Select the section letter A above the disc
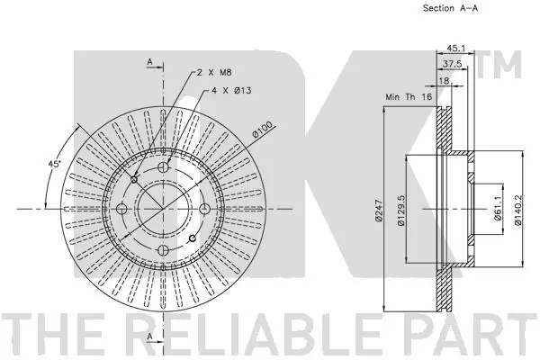[149, 61]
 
